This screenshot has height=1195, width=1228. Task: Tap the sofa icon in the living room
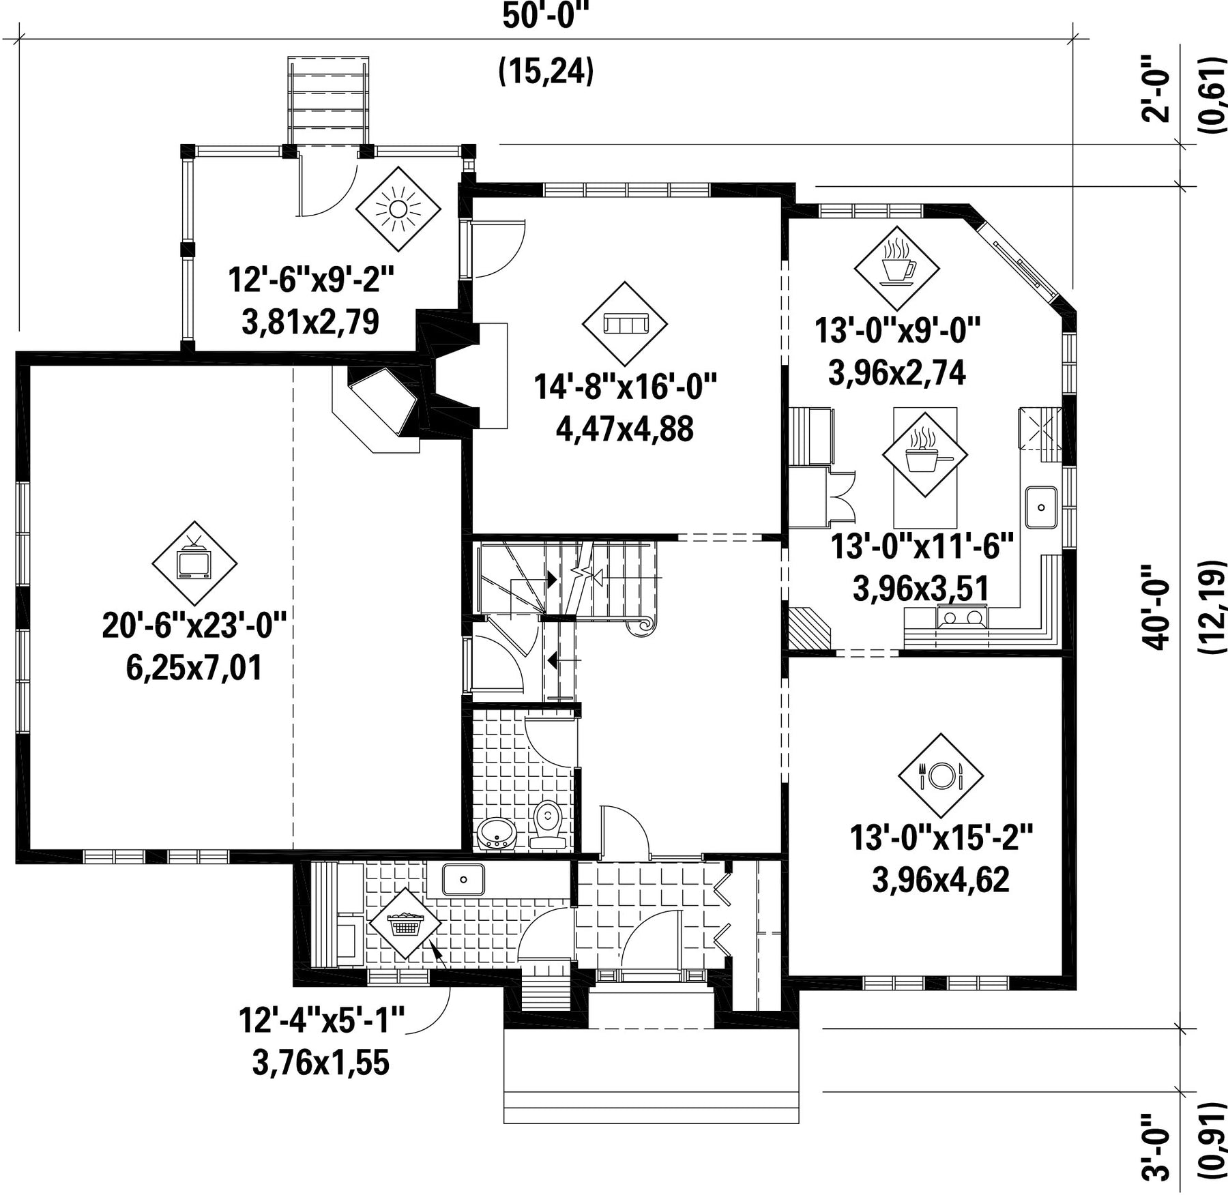pyautogui.click(x=624, y=323)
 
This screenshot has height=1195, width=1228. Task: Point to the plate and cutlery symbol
pyautogui.click(x=940, y=776)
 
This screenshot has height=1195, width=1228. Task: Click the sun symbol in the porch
pyautogui.click(x=398, y=209)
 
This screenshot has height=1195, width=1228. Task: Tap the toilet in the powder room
pyautogui.click(x=547, y=824)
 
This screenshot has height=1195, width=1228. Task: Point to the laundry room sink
pyautogui.click(x=463, y=879)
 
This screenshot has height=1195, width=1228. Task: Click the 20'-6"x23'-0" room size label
pyautogui.click(x=193, y=625)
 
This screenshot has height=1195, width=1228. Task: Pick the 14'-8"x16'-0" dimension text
pyautogui.click(x=625, y=387)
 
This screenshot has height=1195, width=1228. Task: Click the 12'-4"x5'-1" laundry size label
pyautogui.click(x=321, y=1021)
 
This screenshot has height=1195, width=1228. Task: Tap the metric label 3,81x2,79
pyautogui.click(x=310, y=322)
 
